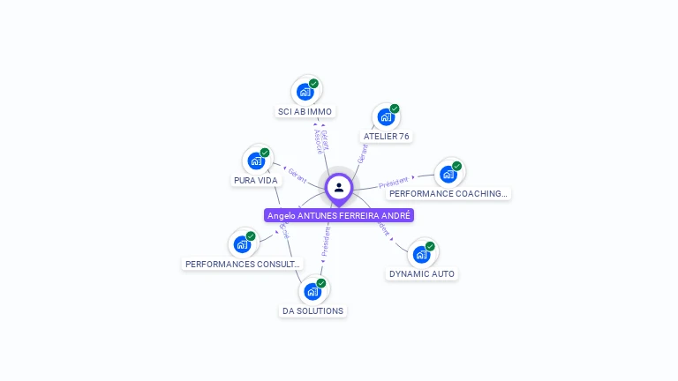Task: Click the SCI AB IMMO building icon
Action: [305, 91]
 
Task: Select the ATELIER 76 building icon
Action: [386, 116]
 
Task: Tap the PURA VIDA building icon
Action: [256, 161]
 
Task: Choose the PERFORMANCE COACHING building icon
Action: [448, 174]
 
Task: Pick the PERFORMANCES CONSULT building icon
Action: [242, 244]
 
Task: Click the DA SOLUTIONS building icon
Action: [313, 291]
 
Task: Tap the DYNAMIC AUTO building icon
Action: [422, 254]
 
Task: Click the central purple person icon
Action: [339, 187]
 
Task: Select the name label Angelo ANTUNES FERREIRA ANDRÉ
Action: [339, 215]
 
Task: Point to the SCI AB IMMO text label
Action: [305, 112]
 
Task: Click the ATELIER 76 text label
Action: [387, 137]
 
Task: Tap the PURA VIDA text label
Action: [256, 181]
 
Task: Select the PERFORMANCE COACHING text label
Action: [448, 194]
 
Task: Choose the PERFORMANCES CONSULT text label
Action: [243, 264]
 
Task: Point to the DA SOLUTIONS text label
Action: [313, 311]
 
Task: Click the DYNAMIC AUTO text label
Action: [422, 274]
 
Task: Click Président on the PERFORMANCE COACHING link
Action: [394, 183]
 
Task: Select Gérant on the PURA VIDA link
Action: [298, 176]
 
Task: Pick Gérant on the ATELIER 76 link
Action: [362, 153]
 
